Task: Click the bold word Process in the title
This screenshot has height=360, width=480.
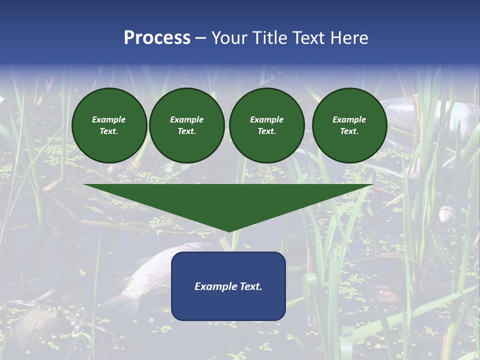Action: coord(157,38)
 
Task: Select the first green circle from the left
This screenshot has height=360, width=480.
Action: coord(109,125)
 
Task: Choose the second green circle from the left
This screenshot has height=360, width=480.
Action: coord(186,125)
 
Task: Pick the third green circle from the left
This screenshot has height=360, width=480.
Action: coord(266,125)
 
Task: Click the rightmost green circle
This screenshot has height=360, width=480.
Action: coord(349,125)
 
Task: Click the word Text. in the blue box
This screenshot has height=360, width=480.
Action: coord(251,286)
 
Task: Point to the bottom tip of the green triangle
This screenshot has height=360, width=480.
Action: coord(229,231)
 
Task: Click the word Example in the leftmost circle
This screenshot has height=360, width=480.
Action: coord(109,119)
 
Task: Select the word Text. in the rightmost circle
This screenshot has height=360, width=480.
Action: coord(349,131)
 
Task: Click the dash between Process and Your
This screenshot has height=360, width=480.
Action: coord(201,38)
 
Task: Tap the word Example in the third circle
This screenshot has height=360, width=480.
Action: coord(266,119)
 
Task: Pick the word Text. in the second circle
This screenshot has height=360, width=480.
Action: coord(186,131)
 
